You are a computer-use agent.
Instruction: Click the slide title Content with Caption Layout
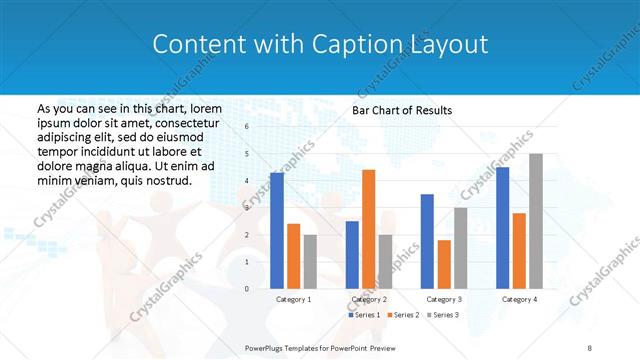(x=320, y=45)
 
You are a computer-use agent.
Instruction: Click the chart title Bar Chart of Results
(x=402, y=110)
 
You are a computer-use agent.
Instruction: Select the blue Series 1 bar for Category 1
(x=277, y=231)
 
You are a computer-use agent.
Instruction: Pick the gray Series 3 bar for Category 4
(x=536, y=221)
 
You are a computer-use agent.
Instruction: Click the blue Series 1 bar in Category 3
(x=427, y=241)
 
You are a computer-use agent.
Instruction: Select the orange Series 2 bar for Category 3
(x=444, y=264)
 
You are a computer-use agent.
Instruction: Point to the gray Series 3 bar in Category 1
(x=310, y=262)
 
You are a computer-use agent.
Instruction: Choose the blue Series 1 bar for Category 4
(x=502, y=228)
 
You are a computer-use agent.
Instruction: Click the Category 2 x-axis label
(x=369, y=299)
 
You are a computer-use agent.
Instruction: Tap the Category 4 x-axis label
(x=519, y=299)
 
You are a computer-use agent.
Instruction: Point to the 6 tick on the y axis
(x=246, y=127)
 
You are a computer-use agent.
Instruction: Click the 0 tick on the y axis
(x=246, y=289)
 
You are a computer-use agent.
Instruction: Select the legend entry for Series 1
(x=364, y=315)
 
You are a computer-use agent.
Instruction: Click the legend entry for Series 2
(x=402, y=315)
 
